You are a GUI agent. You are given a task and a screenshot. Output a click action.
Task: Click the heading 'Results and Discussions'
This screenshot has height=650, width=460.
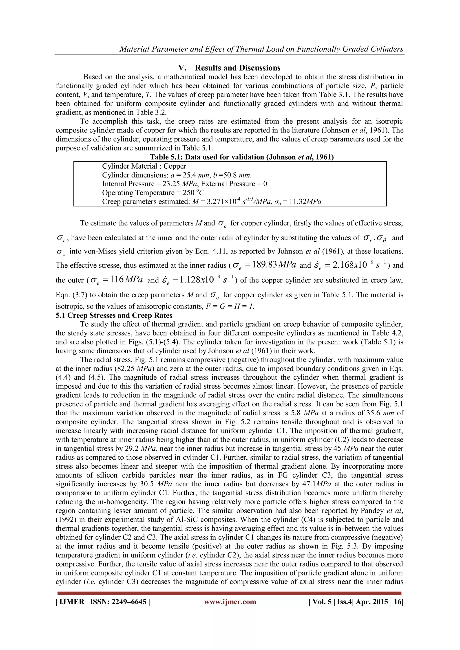coord(237,68)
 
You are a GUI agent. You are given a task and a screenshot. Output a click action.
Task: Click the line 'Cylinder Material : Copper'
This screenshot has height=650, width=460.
coord(144,166)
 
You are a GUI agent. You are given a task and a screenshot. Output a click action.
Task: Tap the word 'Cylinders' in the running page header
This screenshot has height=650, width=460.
coord(386,49)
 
